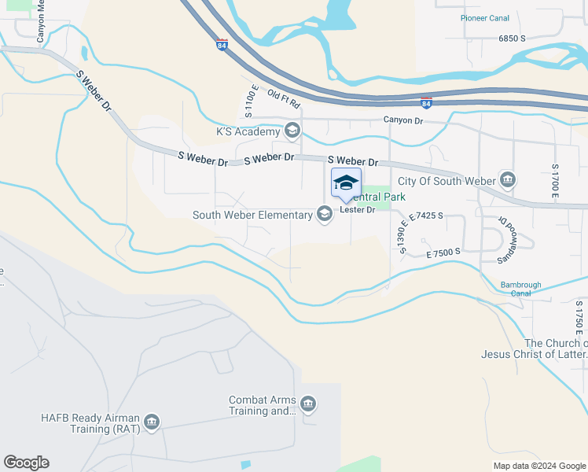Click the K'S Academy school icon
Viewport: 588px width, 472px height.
[292, 130]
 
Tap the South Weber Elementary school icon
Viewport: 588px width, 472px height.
[324, 214]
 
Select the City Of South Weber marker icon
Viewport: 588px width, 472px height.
[508, 181]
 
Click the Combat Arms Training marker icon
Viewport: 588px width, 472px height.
[307, 404]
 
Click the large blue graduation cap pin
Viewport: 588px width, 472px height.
[346, 184]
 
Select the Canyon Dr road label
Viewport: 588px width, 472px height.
[403, 120]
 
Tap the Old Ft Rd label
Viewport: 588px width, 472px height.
[284, 99]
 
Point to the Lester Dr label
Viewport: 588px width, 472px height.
[357, 210]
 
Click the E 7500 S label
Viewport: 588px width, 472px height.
[443, 253]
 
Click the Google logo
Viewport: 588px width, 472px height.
[26, 463]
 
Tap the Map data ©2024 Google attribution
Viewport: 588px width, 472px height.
[539, 466]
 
